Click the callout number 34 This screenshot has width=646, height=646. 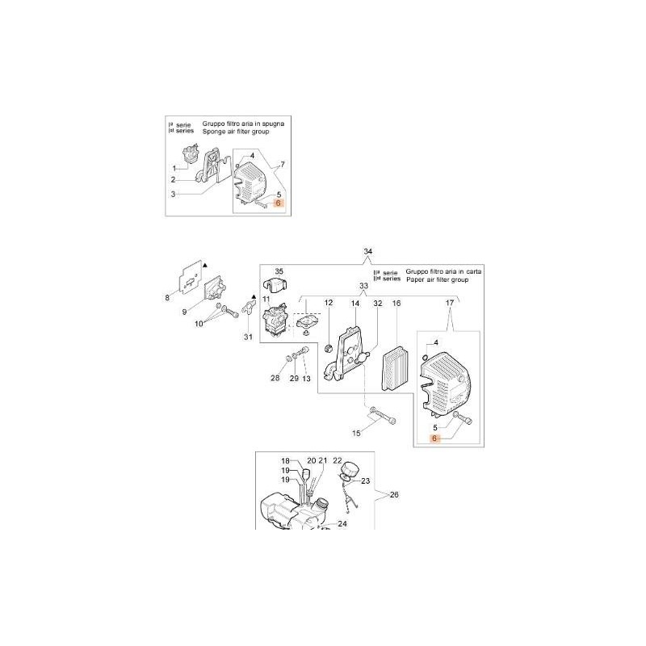pos(368,253)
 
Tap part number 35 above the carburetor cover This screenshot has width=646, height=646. pos(279,271)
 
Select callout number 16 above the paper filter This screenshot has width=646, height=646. pos(396,304)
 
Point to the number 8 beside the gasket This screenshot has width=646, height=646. pos(168,298)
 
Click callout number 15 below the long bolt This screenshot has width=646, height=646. pos(357,433)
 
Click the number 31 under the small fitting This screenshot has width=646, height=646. pos(248,337)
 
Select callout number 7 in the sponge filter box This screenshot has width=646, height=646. pos(282,165)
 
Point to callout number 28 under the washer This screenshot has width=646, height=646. pos(275,379)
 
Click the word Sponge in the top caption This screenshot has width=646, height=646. pos(203,131)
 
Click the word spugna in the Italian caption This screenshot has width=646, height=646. pos(271,123)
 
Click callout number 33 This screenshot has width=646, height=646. pos(363,286)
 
